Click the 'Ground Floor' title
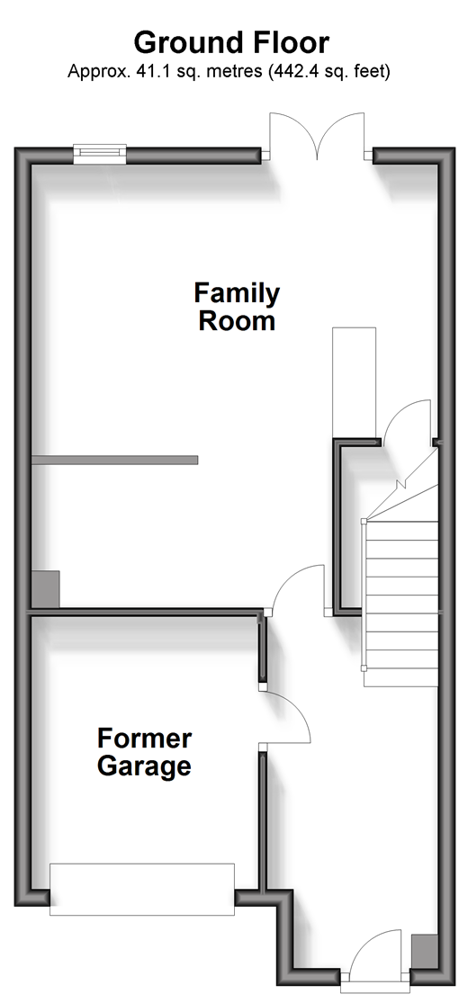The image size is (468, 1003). point(231,43)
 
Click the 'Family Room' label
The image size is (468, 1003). point(237,307)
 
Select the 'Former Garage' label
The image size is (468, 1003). point(144,752)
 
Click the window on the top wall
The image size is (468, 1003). point(100,154)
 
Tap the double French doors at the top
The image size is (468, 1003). point(317,136)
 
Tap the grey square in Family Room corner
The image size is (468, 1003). point(46,589)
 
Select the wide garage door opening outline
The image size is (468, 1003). point(142,889)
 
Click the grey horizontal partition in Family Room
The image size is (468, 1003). point(114,460)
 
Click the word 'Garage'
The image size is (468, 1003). point(144,766)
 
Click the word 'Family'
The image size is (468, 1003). point(237,293)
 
